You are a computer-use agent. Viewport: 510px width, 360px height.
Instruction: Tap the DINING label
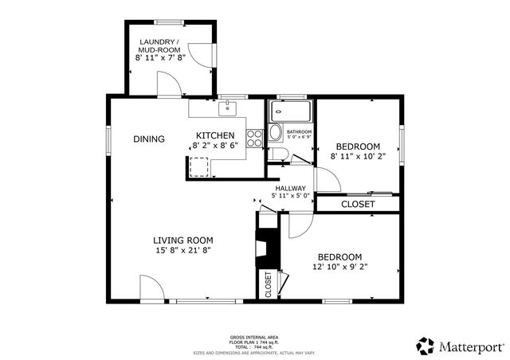(149, 139)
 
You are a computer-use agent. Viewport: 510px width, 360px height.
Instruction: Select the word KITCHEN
(215, 135)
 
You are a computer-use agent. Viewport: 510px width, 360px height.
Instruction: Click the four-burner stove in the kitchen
(255, 139)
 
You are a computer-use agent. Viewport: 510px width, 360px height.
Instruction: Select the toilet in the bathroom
(275, 132)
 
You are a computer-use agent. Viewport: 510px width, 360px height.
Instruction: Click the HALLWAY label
(291, 188)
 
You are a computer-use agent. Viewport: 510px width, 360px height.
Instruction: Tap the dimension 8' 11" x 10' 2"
(358, 157)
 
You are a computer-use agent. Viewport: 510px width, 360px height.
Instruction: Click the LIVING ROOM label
(182, 240)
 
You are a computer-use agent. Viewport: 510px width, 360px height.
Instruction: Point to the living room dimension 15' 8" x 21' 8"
(182, 250)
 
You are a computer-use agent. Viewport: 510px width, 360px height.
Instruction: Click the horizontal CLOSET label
(358, 205)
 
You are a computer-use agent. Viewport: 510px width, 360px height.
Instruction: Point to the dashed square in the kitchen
(198, 166)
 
